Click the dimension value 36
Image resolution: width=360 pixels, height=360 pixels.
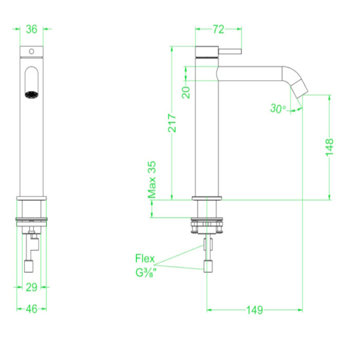(x=32, y=29)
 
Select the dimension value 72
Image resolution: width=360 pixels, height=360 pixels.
(x=218, y=29)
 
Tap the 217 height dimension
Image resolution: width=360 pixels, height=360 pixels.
(x=172, y=123)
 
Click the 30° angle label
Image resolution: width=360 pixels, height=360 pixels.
(x=278, y=108)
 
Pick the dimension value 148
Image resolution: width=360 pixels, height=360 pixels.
(x=330, y=147)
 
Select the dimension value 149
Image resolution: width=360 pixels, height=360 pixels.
(x=254, y=310)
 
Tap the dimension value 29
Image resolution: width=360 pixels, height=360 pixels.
(x=32, y=287)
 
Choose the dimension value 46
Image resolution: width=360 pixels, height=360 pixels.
(x=32, y=309)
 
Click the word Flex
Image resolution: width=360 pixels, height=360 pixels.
(x=145, y=258)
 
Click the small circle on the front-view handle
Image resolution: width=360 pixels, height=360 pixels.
(x=31, y=51)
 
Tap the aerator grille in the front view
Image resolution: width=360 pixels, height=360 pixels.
(x=32, y=95)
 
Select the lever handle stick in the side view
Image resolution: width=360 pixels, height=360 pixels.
(x=230, y=51)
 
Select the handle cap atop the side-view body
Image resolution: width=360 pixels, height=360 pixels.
(x=206, y=52)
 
